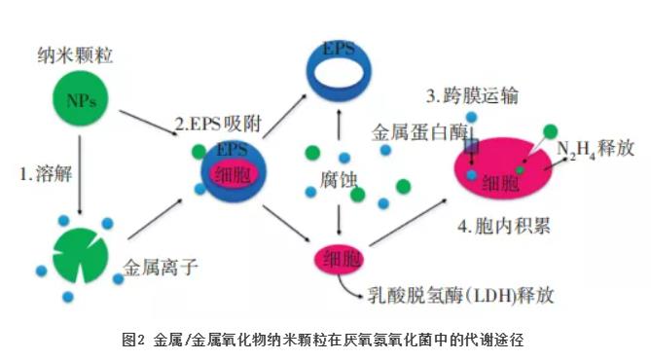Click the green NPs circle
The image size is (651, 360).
(x=81, y=99)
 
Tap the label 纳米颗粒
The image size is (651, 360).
(x=75, y=55)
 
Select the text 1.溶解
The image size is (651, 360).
(x=46, y=173)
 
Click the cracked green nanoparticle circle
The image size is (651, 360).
(x=81, y=255)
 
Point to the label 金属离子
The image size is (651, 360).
(x=161, y=267)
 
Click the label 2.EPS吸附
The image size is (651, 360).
(x=219, y=124)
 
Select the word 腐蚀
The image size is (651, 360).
(x=339, y=180)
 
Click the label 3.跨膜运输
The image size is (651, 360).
(x=472, y=96)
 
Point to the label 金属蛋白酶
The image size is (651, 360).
(x=419, y=132)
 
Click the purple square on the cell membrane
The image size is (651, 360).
(x=472, y=146)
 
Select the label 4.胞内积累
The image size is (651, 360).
(x=504, y=227)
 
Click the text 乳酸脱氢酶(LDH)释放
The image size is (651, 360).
(x=460, y=296)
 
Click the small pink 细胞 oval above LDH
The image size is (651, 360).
(x=339, y=260)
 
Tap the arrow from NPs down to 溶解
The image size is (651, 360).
(x=80, y=174)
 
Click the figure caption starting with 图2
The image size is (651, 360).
(x=323, y=340)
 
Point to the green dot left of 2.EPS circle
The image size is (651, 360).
(x=199, y=152)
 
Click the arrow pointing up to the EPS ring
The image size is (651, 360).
(x=339, y=125)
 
